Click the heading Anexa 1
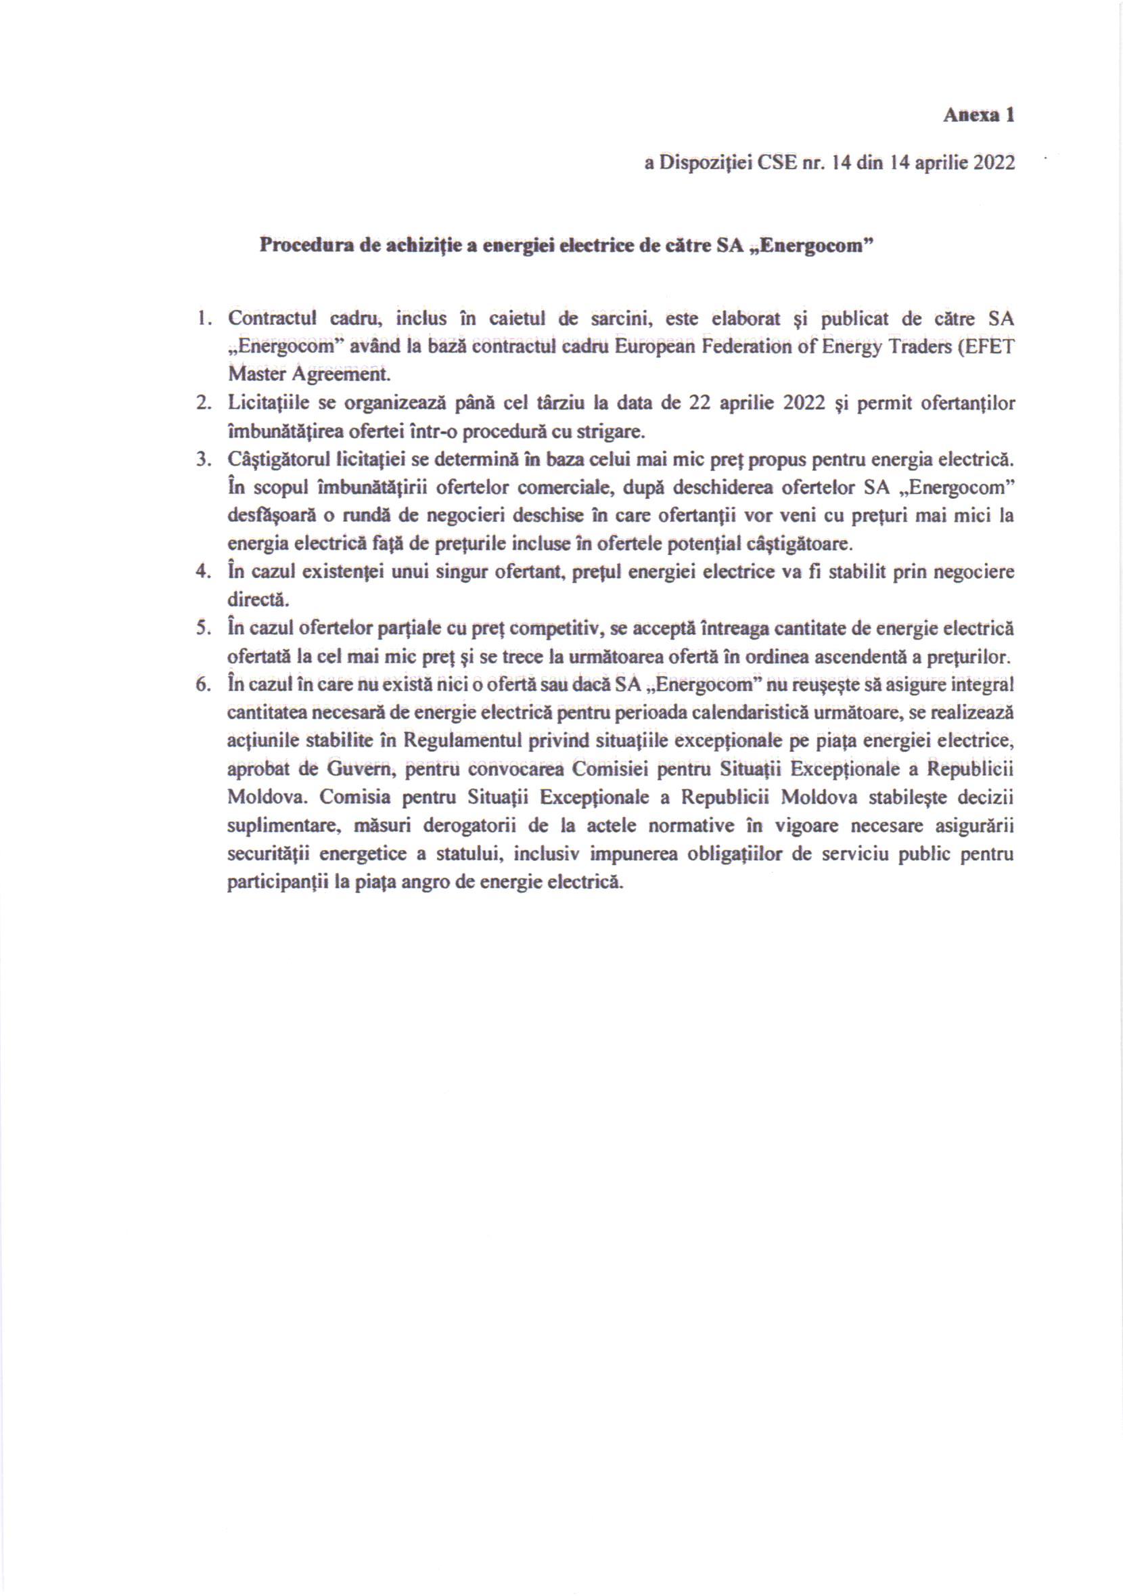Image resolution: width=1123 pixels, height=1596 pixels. [978, 115]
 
